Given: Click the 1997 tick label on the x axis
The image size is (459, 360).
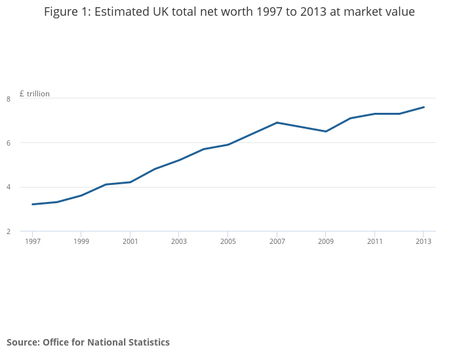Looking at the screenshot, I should pyautogui.click(x=32, y=241).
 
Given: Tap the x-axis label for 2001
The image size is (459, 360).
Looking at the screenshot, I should pyautogui.click(x=130, y=241).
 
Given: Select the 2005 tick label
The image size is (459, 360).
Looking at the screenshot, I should pyautogui.click(x=228, y=241).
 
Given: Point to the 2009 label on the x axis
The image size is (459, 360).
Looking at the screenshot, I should pyautogui.click(x=326, y=241).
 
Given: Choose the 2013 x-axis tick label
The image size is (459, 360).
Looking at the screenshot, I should pyautogui.click(x=424, y=241).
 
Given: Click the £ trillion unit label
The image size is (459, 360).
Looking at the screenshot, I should pyautogui.click(x=35, y=94).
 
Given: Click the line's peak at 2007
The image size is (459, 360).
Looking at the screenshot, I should pyautogui.click(x=277, y=123).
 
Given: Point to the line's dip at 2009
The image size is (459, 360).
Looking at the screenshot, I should pyautogui.click(x=326, y=131).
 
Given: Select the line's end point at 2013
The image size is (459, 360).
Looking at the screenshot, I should pyautogui.click(x=424, y=107).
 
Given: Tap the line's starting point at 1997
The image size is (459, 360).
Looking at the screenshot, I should pyautogui.click(x=32, y=204).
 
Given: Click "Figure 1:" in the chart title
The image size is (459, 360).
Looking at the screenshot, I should pyautogui.click(x=68, y=12).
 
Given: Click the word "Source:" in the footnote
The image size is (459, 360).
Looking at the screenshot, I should pyautogui.click(x=23, y=342).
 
